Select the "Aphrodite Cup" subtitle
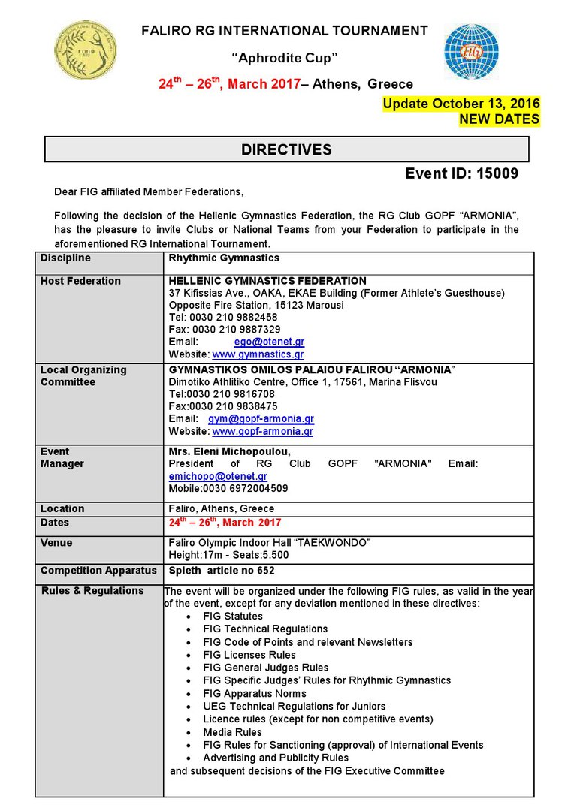pos(284,58)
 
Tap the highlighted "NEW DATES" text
pos(499,119)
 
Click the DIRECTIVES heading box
pos(286,149)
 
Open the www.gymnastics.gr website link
pos(258,354)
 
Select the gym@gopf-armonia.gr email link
pos(261,418)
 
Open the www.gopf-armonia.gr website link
pos(262,431)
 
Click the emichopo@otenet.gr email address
pos(218,476)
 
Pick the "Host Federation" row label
pos(80,281)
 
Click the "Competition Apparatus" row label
pos(98,571)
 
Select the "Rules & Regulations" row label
pos(92,591)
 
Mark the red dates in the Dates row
pos(225,523)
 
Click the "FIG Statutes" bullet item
pos(228,616)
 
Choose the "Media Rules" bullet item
pos(232,732)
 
